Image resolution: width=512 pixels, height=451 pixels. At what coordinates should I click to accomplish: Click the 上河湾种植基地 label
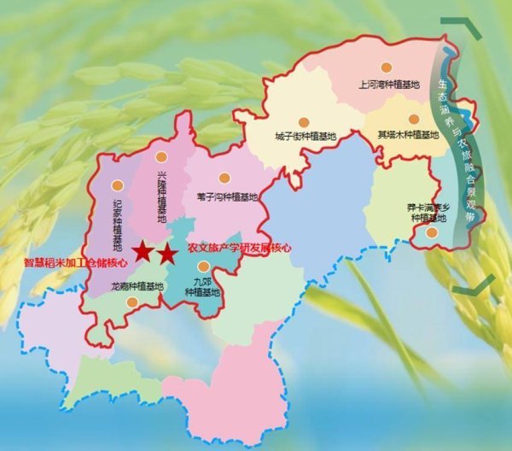tap(389, 85)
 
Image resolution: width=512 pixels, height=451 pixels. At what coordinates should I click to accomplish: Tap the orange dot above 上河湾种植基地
tap(387, 67)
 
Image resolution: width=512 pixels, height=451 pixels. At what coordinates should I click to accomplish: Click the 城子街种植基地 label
tap(306, 136)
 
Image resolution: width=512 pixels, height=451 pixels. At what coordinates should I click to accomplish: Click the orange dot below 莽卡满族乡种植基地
tap(432, 231)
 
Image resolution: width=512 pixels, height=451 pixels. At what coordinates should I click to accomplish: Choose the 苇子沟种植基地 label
tap(225, 196)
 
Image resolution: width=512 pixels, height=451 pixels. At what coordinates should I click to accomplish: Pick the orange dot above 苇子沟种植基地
tap(224, 178)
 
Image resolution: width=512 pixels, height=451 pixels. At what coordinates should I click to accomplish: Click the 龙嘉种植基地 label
tap(137, 287)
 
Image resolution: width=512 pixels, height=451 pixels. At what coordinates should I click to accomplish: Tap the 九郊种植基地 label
tap(202, 284)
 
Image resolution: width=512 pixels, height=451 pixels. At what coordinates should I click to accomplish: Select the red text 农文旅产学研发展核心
tap(240, 248)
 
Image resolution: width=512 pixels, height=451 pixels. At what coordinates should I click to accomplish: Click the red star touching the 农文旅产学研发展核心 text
tap(167, 253)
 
